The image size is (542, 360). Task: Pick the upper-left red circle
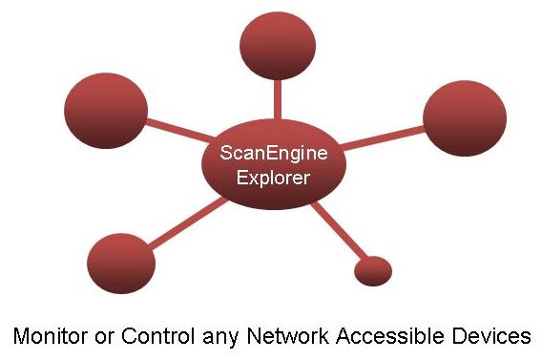[x=104, y=113]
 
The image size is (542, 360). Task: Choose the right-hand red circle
[x=464, y=119]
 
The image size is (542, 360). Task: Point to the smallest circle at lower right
[x=373, y=270]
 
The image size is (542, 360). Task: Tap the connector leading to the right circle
[x=382, y=138]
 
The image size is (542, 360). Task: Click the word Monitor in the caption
[x=48, y=335]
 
